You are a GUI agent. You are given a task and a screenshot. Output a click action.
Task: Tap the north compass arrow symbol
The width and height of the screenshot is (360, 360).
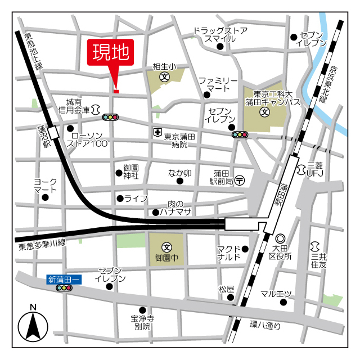(33, 326)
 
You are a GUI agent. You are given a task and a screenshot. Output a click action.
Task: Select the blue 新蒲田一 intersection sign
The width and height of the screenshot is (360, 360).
(64, 278)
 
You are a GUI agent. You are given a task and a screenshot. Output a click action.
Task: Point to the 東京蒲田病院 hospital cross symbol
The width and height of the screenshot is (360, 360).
(157, 133)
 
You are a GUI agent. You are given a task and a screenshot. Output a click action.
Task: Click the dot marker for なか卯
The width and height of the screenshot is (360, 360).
(180, 181)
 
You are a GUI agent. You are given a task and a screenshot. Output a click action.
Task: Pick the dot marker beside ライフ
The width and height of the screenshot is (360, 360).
(120, 198)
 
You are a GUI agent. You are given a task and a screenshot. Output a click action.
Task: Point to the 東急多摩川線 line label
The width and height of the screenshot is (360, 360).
(42, 244)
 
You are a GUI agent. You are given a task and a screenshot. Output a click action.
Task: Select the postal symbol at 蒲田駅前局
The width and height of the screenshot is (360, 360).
(240, 180)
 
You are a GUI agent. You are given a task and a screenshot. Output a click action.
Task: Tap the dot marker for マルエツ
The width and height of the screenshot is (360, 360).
(283, 303)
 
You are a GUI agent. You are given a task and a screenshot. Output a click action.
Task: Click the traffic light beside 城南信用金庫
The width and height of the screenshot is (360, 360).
(111, 118)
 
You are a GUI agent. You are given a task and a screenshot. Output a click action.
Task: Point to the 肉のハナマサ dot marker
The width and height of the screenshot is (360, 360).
(156, 212)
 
